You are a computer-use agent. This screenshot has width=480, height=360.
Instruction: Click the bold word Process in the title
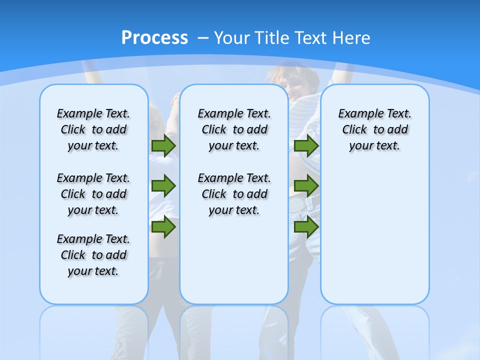[154, 38]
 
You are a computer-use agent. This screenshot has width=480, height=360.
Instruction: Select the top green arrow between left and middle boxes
[163, 145]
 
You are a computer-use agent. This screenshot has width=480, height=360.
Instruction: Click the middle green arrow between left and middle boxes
[163, 186]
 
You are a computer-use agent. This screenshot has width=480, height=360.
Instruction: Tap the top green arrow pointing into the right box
[306, 145]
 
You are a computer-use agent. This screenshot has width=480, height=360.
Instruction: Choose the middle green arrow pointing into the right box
[306, 186]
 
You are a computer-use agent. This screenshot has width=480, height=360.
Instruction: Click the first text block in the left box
[93, 129]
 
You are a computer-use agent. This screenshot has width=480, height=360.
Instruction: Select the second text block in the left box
[93, 194]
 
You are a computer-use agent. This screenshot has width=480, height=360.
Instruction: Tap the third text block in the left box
[93, 255]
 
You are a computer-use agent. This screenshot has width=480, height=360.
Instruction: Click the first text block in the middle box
[234, 129]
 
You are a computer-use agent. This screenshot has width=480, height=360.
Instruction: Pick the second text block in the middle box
[234, 194]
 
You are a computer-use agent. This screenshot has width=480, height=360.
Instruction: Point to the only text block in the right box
[374, 129]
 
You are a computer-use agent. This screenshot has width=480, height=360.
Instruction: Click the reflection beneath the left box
[94, 330]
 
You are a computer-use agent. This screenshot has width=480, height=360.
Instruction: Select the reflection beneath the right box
[374, 330]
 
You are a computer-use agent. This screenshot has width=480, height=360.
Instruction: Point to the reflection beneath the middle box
[234, 330]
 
